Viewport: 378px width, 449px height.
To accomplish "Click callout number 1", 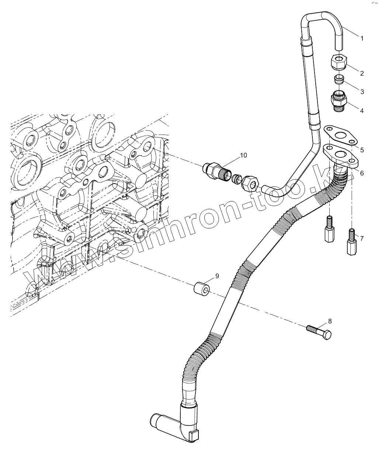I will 362,38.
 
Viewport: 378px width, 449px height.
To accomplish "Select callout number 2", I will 362,73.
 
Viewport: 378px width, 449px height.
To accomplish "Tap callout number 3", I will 362,91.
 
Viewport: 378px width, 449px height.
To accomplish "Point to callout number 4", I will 362,110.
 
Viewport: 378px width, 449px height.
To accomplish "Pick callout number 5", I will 362,150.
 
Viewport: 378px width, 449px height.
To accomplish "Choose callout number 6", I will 362,173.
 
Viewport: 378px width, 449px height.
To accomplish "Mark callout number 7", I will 362,239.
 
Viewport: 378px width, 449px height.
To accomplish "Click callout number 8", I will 330,321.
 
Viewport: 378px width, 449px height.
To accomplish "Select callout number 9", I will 217,276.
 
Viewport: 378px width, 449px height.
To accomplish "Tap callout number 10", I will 243,155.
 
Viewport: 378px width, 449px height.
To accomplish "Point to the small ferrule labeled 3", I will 339,79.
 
